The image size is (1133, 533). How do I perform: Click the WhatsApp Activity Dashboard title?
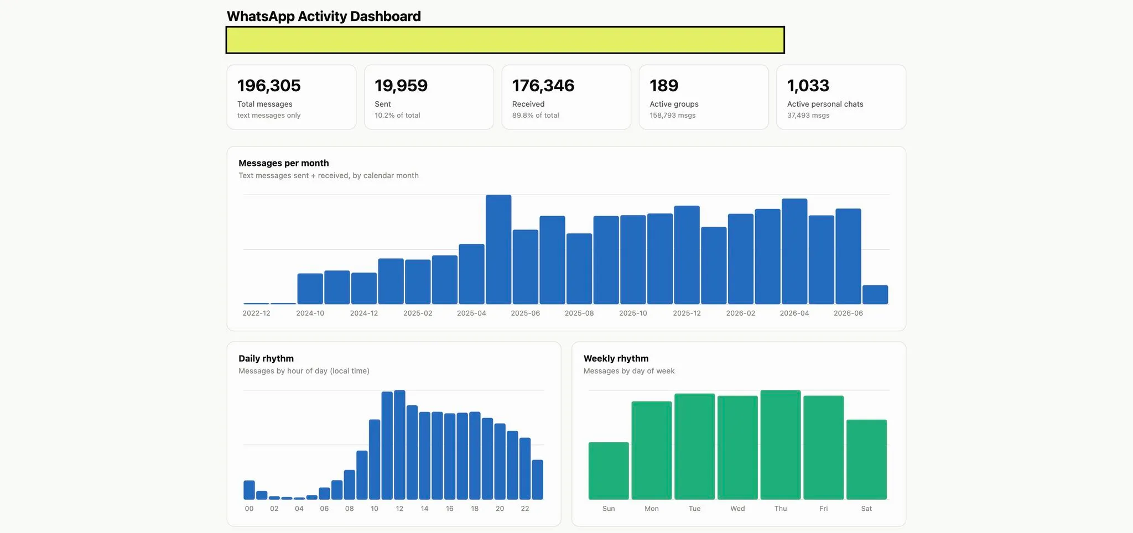[324, 17]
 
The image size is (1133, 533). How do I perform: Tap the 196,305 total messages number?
[269, 86]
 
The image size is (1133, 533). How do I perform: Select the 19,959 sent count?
[401, 86]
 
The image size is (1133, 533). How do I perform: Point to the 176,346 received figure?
[543, 86]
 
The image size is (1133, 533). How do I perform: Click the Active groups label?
[674, 104]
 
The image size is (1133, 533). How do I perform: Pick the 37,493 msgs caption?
[808, 116]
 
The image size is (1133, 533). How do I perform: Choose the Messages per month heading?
[284, 163]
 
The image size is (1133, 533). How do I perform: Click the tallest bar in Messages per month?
[498, 249]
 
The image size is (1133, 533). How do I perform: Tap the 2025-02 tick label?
[418, 313]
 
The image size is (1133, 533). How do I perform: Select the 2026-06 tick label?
[848, 313]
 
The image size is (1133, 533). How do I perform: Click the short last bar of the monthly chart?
[875, 295]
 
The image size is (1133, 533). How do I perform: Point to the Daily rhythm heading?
[266, 358]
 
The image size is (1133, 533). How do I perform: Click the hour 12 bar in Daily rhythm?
[399, 445]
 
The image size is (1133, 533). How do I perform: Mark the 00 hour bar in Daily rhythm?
[250, 490]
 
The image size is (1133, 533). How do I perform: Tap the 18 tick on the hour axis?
[475, 509]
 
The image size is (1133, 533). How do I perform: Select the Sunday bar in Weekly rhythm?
[609, 471]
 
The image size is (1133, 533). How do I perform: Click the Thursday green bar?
[781, 445]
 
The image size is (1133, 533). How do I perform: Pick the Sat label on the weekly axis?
[866, 509]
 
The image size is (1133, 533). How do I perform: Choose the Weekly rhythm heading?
[616, 358]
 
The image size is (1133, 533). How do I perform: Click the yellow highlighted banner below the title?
[505, 40]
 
